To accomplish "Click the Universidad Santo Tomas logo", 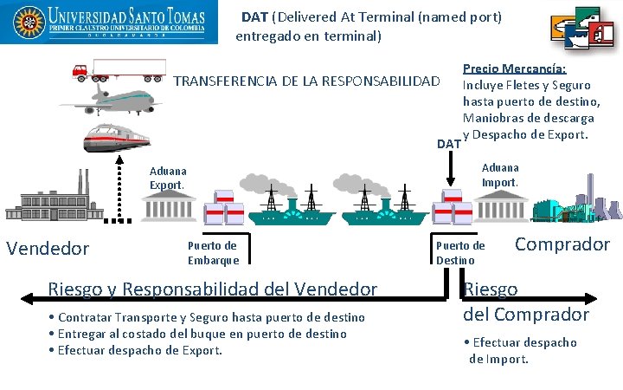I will point(105,24).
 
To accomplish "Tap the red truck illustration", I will point(119,69).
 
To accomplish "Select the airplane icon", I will point(111,99).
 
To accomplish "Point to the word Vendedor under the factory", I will point(48,249).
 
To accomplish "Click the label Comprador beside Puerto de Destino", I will point(562,244).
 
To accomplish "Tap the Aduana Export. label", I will point(167,179).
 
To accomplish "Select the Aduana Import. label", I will point(500,175).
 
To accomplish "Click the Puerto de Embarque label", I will point(213,252).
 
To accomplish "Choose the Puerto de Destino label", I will point(460,252).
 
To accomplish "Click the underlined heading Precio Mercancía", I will point(514,68).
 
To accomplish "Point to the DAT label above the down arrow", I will point(448,143).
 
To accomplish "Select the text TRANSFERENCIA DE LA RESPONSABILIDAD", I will point(307,82).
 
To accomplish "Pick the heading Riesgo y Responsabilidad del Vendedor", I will point(213,289).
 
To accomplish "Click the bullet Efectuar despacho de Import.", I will point(523,350).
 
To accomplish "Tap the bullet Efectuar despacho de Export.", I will point(137,350).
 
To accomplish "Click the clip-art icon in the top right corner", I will point(582,30).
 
